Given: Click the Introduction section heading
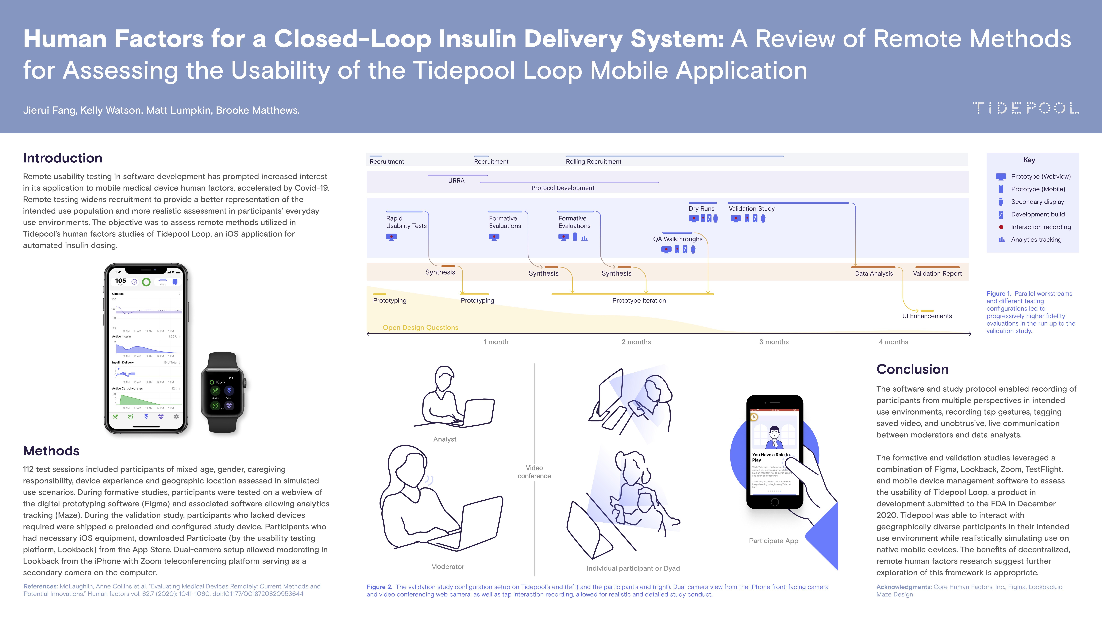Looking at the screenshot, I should [62, 158].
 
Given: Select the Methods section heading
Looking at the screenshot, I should [51, 451].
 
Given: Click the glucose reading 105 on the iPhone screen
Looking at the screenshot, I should [121, 281].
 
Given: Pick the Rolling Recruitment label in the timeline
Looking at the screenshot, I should [593, 161].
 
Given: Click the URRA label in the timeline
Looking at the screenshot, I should [456, 181].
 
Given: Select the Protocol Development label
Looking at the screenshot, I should [563, 188].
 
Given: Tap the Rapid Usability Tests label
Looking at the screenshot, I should [406, 222].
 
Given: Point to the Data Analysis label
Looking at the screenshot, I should [874, 273].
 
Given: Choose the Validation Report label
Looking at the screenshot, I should [937, 273].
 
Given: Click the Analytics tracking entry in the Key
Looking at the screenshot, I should [1036, 240].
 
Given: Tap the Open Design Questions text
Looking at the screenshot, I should [420, 327].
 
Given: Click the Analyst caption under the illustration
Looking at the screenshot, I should [445, 439].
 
